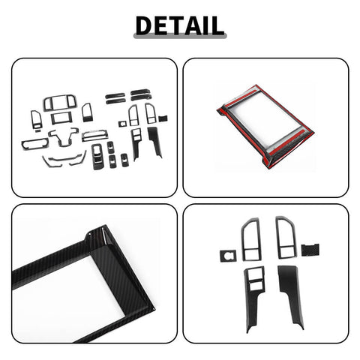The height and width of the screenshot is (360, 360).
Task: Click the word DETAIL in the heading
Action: (179, 24)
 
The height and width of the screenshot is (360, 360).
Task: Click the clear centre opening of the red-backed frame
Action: (266, 124)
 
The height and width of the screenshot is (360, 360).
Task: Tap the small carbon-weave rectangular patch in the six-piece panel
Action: (307, 248)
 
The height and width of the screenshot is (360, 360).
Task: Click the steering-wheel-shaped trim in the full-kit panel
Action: (64, 137)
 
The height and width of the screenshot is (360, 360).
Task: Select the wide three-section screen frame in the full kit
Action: (58, 103)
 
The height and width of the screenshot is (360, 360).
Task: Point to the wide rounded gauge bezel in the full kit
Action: (34, 142)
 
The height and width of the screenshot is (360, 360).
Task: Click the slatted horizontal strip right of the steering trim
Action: (94, 135)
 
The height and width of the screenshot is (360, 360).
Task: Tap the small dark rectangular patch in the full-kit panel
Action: (163, 118)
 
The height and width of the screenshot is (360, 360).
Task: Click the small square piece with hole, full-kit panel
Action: (121, 123)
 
